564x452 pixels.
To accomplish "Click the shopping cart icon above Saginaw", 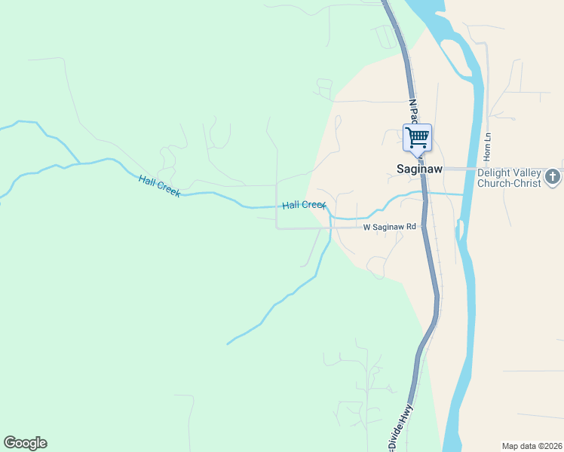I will pyautogui.click(x=417, y=137).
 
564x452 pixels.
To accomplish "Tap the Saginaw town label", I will pyautogui.click(x=419, y=169).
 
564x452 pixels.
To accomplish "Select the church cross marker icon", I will pyautogui.click(x=552, y=177).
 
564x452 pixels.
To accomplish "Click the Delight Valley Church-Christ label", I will pyautogui.click(x=509, y=177).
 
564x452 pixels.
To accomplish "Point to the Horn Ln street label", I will pyautogui.click(x=488, y=145).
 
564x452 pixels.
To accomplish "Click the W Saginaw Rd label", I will pyautogui.click(x=389, y=227).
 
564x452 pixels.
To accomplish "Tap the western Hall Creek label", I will pyautogui.click(x=159, y=185).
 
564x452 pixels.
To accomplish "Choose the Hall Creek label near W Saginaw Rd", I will pyautogui.click(x=303, y=205).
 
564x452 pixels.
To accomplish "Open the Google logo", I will pyautogui.click(x=25, y=443).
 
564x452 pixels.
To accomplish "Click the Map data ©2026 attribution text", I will pyautogui.click(x=531, y=446).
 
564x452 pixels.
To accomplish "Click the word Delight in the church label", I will pyautogui.click(x=493, y=172).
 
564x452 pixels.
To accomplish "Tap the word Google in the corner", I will pyautogui.click(x=25, y=443).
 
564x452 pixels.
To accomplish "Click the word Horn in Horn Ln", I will pyautogui.click(x=488, y=150).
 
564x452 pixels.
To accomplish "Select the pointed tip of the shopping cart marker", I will pyautogui.click(x=417, y=156).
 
